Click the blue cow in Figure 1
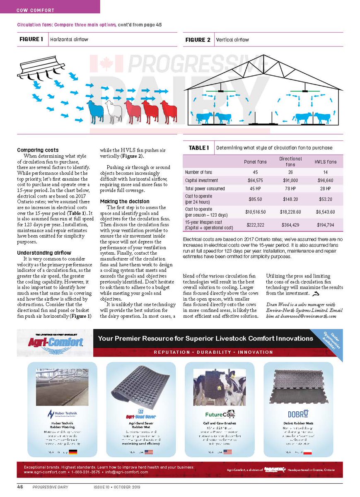click(x=95, y=111)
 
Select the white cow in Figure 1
click(x=114, y=111)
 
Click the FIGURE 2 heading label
click(x=198, y=40)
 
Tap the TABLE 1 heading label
click(x=198, y=148)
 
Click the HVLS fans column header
click(x=326, y=162)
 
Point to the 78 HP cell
click(x=290, y=188)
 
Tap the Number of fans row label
click(x=199, y=172)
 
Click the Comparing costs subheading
click(x=38, y=150)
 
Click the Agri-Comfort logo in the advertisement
click(x=56, y=342)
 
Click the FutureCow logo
click(x=220, y=414)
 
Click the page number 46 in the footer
click(x=20, y=487)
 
